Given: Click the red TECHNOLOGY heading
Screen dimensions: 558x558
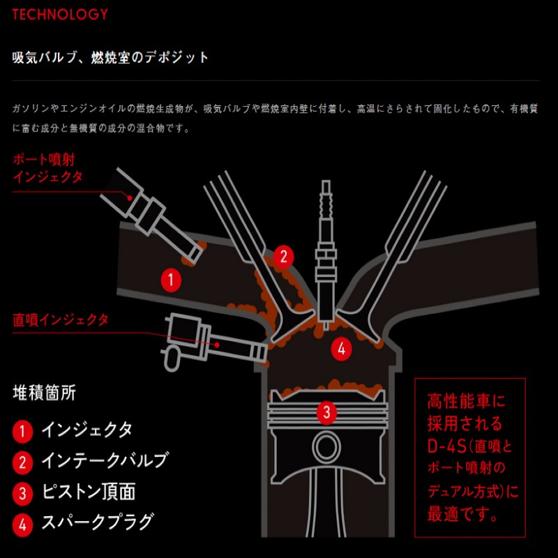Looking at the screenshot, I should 61,14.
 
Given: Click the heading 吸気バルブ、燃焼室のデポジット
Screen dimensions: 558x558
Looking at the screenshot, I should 111,57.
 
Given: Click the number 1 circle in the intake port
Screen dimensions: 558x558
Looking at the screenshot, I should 171,280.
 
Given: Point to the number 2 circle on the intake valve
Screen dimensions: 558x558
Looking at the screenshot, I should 282,256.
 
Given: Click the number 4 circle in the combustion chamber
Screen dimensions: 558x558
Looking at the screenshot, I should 340,348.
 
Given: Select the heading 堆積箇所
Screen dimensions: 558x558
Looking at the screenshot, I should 44,393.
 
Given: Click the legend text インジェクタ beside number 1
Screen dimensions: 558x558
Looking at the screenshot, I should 86,430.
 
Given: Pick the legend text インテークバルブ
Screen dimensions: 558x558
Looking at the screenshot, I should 105,461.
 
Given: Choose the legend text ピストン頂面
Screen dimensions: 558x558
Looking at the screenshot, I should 88,492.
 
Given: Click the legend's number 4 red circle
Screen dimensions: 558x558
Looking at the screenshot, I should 22,524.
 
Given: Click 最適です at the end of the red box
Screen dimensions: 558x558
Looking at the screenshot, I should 463,515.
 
